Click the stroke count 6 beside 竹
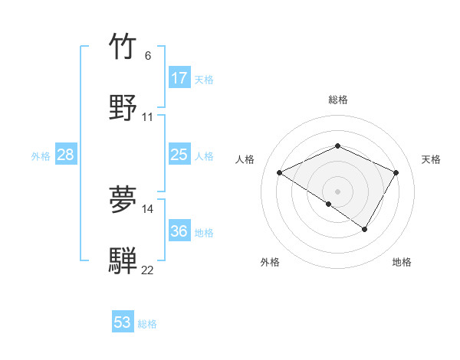(148, 56)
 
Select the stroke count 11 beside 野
(148, 117)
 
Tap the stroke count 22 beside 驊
(148, 270)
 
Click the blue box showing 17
(179, 78)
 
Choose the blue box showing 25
(179, 155)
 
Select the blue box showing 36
(179, 231)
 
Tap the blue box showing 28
(66, 155)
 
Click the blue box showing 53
(123, 322)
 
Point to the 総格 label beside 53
(148, 324)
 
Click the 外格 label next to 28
(41, 156)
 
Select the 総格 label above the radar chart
(338, 100)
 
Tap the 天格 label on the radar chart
(432, 159)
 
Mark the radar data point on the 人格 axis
(280, 173)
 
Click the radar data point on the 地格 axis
(365, 229)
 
